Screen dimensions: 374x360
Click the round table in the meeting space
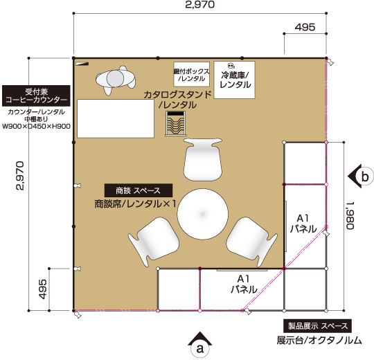(202, 214)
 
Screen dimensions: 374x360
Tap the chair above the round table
(203, 159)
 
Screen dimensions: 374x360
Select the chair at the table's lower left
(153, 241)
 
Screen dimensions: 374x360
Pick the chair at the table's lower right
(251, 241)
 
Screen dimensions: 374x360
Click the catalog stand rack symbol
(175, 124)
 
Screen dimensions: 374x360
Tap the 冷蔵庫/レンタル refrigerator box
(235, 80)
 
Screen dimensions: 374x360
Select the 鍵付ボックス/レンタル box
(192, 74)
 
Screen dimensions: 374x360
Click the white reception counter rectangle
(116, 118)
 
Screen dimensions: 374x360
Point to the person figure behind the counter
(116, 80)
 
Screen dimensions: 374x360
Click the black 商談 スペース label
(139, 190)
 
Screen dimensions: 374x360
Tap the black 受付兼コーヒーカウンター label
(36, 96)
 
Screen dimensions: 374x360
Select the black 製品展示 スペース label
(317, 325)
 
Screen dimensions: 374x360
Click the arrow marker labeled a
(200, 345)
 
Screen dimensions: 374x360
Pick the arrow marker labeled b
(360, 177)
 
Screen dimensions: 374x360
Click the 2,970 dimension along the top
(200, 4)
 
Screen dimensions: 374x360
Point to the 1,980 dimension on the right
(350, 215)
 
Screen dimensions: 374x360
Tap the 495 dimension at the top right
(305, 27)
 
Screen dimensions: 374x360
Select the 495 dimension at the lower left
(43, 289)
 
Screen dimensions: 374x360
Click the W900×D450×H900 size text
(36, 127)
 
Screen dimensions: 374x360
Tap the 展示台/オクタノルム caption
(319, 340)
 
